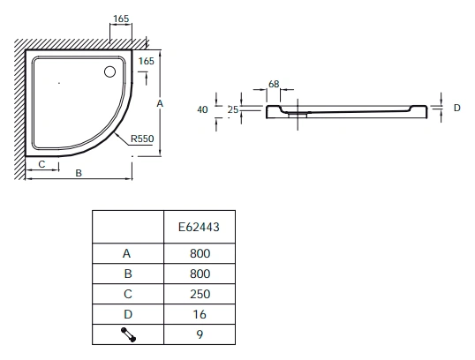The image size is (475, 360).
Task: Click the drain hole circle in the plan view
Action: coord(109,71)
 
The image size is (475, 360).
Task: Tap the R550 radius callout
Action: coord(142,139)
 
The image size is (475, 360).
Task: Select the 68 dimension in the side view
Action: coord(274,84)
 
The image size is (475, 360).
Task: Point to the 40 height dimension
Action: coord(202,109)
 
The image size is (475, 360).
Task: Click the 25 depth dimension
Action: coord(233,109)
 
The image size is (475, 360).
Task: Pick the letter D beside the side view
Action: coord(457,108)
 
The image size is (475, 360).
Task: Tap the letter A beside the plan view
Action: coord(160,103)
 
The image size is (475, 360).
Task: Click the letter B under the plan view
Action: coord(79,173)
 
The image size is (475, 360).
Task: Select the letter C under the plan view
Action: coord(41,164)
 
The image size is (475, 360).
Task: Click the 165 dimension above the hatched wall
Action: coord(121,19)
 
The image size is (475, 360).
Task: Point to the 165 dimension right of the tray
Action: coord(147,61)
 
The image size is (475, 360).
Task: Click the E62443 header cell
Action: coord(199,227)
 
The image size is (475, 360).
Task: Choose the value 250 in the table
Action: coord(200,294)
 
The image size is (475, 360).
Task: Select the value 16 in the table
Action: coord(200,314)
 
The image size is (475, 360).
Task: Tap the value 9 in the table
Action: coord(200,334)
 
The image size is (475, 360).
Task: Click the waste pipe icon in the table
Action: coord(128,334)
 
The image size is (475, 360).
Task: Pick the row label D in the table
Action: coord(128,314)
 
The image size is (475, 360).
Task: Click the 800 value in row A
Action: coord(200,253)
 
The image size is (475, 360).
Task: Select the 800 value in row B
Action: coord(200,274)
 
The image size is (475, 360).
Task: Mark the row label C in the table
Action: coord(128,294)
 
